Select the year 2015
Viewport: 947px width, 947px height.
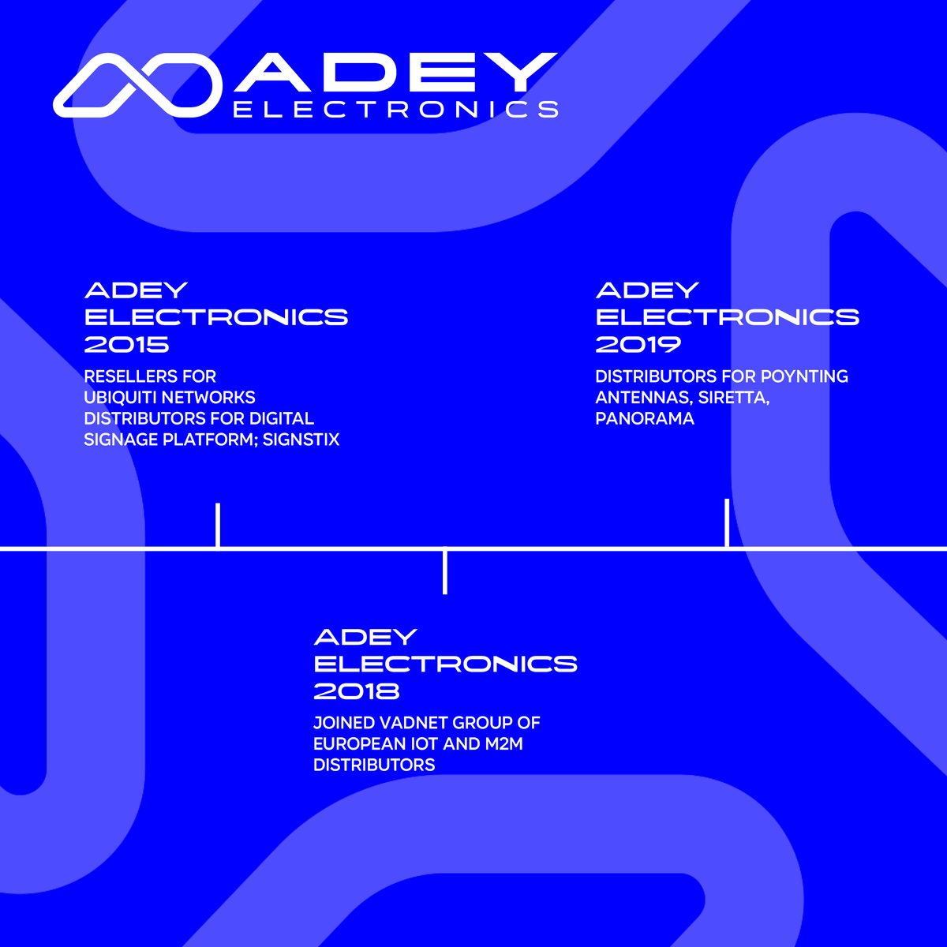point(127,344)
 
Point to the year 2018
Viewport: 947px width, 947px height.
point(357,691)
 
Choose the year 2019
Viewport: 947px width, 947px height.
point(638,344)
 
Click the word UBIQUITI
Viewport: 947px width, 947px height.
point(118,397)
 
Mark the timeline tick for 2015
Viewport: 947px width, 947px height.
point(218,524)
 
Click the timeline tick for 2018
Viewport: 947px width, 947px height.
point(445,571)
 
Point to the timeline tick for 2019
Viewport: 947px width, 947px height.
point(727,522)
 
